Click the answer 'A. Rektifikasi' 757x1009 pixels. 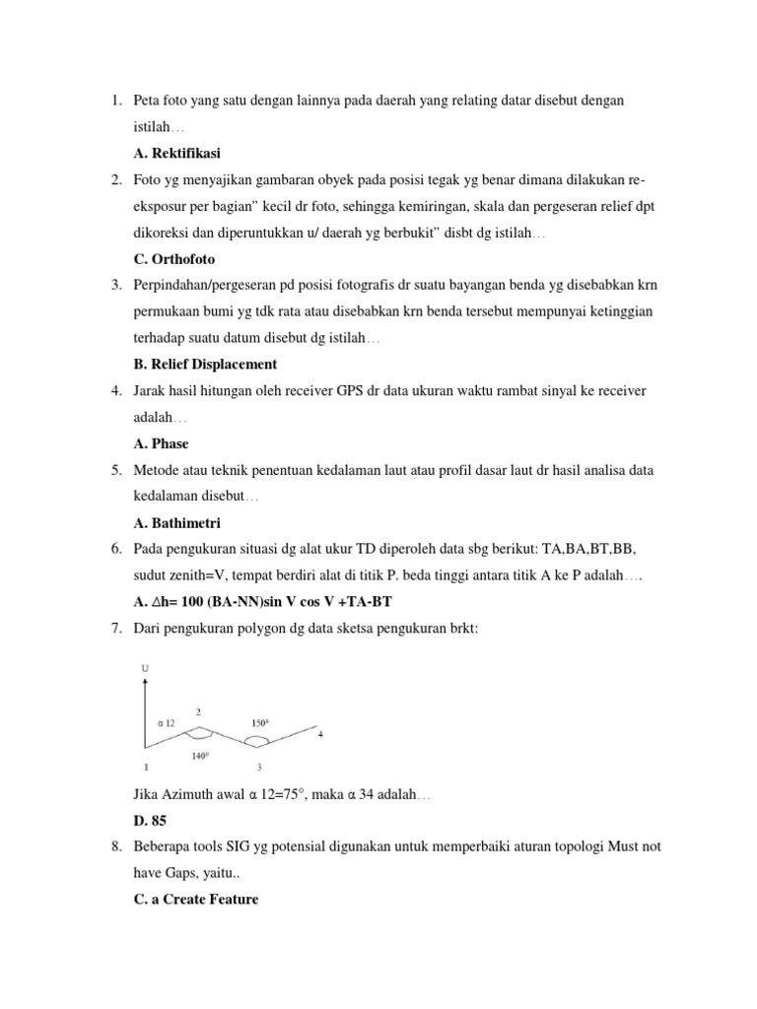[x=176, y=153]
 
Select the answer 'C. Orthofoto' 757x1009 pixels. [x=173, y=259]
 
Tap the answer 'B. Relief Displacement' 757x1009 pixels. [x=205, y=365]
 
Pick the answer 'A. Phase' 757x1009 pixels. [x=161, y=444]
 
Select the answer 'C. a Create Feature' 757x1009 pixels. [x=195, y=899]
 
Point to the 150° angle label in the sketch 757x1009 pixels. [x=260, y=723]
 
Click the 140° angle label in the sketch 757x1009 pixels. [x=200, y=758]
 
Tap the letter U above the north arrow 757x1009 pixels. [x=146, y=670]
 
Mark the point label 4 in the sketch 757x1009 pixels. [x=319, y=734]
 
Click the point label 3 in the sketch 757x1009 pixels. [x=258, y=767]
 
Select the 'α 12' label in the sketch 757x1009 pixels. [x=167, y=722]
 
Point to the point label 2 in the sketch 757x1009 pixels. [x=199, y=711]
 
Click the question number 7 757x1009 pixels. [x=114, y=629]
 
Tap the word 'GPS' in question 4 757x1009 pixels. [x=348, y=391]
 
